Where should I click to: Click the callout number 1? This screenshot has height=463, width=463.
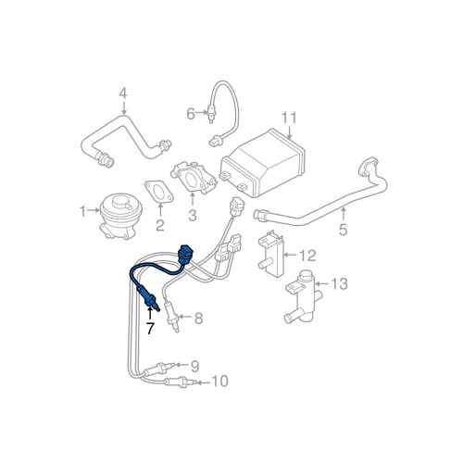point(81,210)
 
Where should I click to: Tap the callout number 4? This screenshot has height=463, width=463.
point(122,93)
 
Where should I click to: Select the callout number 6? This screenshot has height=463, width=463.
point(191,114)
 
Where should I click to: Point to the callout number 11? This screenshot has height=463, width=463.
point(288,118)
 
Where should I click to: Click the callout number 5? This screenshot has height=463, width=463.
point(343,229)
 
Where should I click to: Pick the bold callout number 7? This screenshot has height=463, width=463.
point(149,330)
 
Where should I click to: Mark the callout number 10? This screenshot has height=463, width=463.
point(219,381)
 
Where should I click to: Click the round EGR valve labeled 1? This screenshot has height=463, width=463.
point(119,213)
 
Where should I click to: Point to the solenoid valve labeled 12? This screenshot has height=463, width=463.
point(269,253)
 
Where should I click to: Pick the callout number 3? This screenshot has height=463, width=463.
point(193,217)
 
